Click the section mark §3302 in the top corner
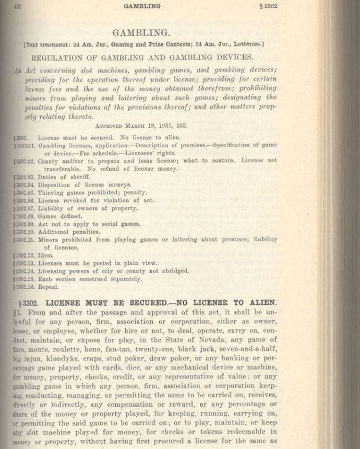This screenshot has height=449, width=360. tap(266, 6)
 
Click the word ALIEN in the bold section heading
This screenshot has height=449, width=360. tap(262, 303)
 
